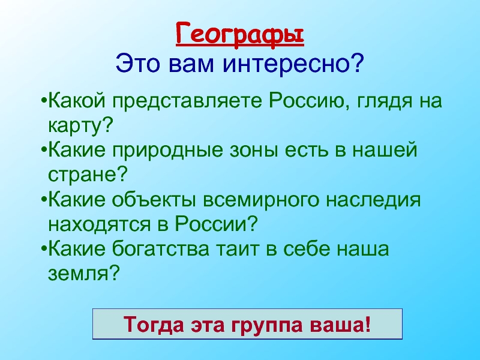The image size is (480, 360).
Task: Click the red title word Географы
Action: pyautogui.click(x=240, y=35)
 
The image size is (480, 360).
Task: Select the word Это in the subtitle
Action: pyautogui.click(x=138, y=64)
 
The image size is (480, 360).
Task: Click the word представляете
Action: pyautogui.click(x=187, y=101)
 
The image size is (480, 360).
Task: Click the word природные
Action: pyautogui.click(x=167, y=151)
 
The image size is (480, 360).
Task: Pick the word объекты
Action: pyautogui.click(x=154, y=200)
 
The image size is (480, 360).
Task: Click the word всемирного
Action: pyautogui.click(x=260, y=200)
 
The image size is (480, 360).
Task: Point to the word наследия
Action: pyautogui.click(x=373, y=200)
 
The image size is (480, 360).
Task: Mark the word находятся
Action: pyautogui.click(x=100, y=224)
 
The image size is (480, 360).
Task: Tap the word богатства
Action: pyautogui.click(x=160, y=248)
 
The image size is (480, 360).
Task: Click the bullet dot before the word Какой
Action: pyautogui.click(x=44, y=100)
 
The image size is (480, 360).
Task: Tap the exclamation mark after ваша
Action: pyautogui.click(x=368, y=324)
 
